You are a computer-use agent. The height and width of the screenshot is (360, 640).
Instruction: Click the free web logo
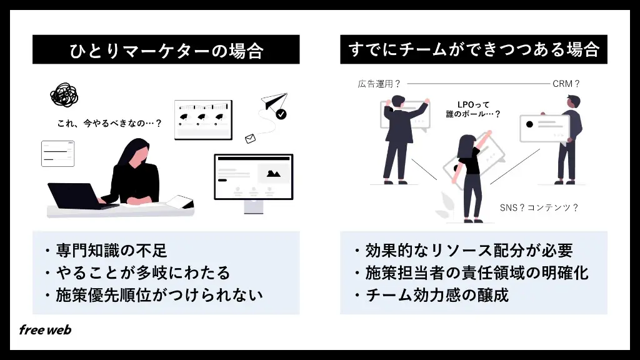[45, 330]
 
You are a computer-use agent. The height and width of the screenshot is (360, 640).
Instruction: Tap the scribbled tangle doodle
[64, 95]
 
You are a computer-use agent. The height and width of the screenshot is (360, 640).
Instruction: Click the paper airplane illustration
[274, 101]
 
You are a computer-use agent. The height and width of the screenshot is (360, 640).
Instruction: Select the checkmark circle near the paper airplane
[281, 114]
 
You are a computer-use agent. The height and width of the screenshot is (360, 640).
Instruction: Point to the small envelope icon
[250, 139]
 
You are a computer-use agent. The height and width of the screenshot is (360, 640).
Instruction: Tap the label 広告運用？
[379, 84]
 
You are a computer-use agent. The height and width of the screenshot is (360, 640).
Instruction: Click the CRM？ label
[566, 84]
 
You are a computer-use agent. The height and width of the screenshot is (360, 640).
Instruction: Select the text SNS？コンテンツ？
[539, 207]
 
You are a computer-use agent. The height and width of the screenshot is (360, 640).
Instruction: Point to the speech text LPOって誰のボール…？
[473, 109]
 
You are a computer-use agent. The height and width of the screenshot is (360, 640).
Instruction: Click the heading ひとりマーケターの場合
[166, 51]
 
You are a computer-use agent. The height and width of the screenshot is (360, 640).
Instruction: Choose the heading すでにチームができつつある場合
[474, 50]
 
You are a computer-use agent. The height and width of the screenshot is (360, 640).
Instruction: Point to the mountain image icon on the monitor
[274, 174]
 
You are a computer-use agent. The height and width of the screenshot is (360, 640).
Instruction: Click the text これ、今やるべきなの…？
[110, 123]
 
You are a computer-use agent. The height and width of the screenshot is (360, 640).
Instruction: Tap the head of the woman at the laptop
[135, 151]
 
